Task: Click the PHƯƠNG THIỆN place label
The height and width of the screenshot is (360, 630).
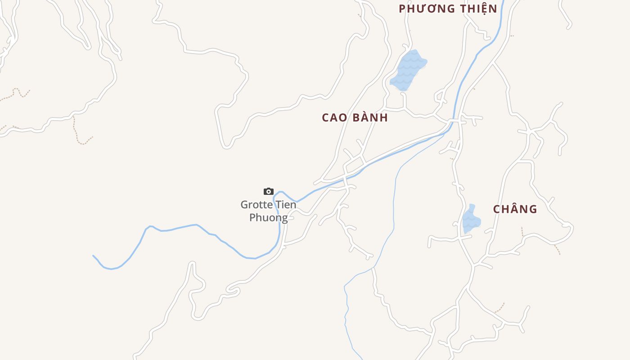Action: click(448, 9)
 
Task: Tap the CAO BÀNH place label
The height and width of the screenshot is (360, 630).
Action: click(355, 118)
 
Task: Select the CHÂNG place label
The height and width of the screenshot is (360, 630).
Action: click(515, 209)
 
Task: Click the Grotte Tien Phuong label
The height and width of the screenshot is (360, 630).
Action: click(269, 211)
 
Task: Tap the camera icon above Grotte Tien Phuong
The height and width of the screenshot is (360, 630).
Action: click(269, 192)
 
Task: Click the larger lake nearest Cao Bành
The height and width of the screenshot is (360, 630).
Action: click(409, 70)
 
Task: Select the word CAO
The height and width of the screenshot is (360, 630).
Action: click(334, 118)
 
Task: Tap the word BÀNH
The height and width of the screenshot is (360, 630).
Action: click(370, 118)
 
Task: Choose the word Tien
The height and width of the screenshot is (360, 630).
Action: click(286, 205)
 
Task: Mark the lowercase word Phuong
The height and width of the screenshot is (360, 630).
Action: click(269, 218)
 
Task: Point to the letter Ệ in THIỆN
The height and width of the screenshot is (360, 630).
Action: click(480, 9)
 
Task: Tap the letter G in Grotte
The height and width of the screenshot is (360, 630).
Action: click(244, 205)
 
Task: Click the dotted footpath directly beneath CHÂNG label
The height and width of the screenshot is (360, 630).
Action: click(522, 232)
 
